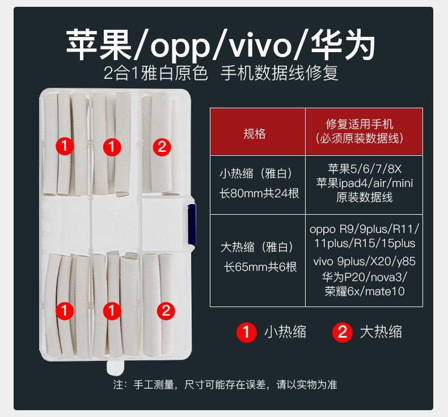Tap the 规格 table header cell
[257, 132]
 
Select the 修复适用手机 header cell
[364, 132]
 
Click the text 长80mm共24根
[259, 194]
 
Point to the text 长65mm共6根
[260, 267]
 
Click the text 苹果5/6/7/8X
[365, 169]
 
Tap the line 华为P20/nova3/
[364, 276]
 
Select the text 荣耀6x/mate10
[364, 291]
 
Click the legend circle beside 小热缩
[246, 332]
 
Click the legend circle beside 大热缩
[343, 332]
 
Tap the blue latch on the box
[192, 224]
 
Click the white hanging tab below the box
[116, 368]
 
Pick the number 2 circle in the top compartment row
[162, 147]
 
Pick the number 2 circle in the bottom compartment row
[166, 310]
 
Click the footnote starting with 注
[225, 385]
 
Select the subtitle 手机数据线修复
[280, 73]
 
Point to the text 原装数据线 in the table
[364, 197]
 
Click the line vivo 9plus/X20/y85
[364, 261]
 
